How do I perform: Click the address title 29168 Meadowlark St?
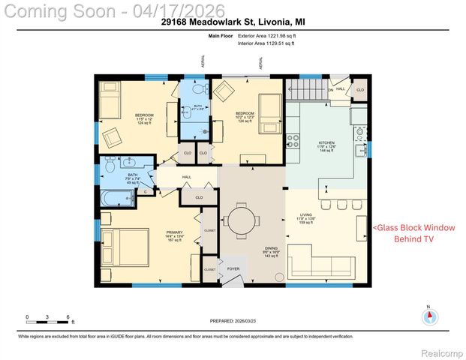(x=233, y=22)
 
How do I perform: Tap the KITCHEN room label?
(x=327, y=144)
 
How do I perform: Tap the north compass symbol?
(x=428, y=316)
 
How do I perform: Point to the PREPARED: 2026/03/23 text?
(x=233, y=320)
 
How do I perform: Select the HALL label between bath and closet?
(x=186, y=177)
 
